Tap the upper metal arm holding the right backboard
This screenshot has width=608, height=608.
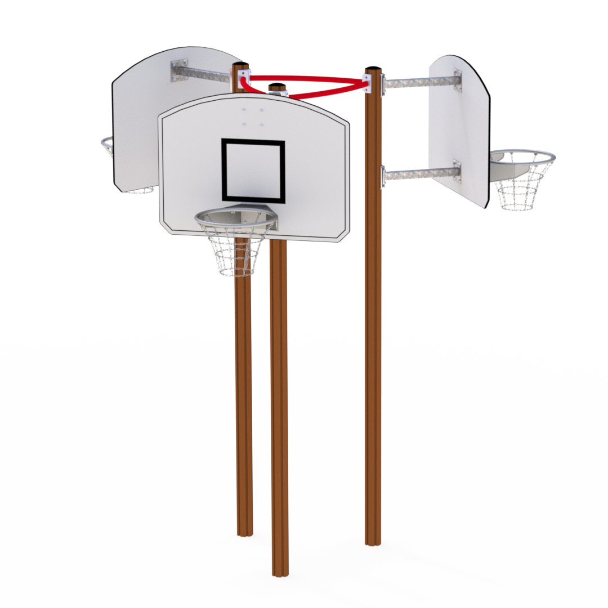[x=419, y=83]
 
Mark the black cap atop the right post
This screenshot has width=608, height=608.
[x=373, y=69]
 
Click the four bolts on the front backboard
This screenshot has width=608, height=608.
[x=253, y=117]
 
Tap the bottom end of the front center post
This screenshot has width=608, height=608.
[x=280, y=571]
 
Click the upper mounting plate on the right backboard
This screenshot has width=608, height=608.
[x=458, y=80]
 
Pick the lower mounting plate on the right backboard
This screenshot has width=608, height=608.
[x=457, y=171]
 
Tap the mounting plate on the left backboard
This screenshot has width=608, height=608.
[x=179, y=70]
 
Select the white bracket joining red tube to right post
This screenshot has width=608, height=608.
[x=367, y=83]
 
